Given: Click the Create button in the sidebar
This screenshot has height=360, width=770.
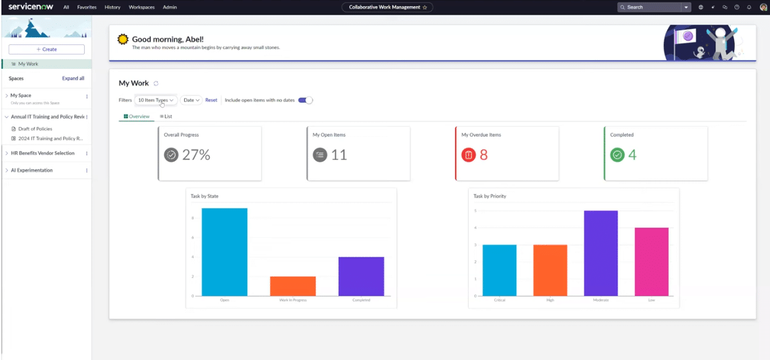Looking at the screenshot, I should [x=46, y=50].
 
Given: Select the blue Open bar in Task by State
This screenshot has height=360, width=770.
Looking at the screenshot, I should [x=224, y=252].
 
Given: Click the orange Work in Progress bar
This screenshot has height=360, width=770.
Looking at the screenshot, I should [x=292, y=286].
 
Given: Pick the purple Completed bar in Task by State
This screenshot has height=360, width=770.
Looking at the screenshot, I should [x=361, y=277].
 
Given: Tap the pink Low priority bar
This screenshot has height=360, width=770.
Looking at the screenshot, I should [x=651, y=262].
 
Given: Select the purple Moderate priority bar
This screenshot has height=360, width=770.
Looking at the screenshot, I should [x=600, y=253].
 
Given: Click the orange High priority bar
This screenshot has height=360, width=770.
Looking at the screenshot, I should [x=550, y=270].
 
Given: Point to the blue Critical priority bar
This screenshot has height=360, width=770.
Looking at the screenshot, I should [x=499, y=270].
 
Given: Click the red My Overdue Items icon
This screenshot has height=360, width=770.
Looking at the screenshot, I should [x=468, y=155].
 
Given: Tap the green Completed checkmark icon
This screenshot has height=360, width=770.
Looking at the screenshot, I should [x=617, y=155].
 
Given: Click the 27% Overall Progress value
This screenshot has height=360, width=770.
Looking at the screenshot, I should [x=196, y=155].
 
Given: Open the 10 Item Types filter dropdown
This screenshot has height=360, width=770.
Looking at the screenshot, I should [x=156, y=100].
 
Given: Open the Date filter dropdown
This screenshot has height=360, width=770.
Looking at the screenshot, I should [x=191, y=100].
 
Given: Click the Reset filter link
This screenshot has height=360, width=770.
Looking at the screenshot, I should [x=211, y=100].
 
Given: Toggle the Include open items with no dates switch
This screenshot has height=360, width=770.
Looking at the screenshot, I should [x=305, y=100].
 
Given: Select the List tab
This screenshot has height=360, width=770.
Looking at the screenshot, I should [x=166, y=117].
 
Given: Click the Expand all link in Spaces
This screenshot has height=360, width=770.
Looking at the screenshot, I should [x=73, y=79].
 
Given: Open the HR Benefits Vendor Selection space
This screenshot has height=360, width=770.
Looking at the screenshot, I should [x=43, y=153].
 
